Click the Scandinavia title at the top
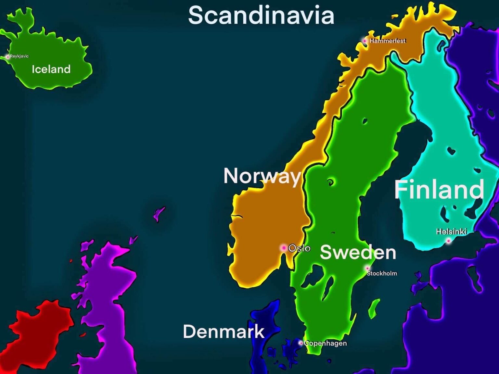pyautogui.click(x=261, y=15)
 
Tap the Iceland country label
pyautogui.click(x=51, y=69)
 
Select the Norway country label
pyautogui.click(x=262, y=176)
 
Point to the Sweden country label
pyautogui.click(x=358, y=252)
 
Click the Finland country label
pyautogui.click(x=439, y=189)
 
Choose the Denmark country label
pyautogui.click(x=224, y=331)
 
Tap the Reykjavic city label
pyautogui.click(x=19, y=56)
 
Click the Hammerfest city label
pyautogui.click(x=388, y=41)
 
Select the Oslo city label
pyautogui.click(x=299, y=248)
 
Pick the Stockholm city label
pyautogui.click(x=382, y=273)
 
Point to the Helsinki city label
pyautogui.click(x=451, y=231)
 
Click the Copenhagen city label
pyautogui.click(x=326, y=343)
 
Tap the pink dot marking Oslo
pyautogui.click(x=284, y=248)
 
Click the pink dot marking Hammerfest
pyautogui.click(x=365, y=41)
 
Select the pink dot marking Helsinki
pyautogui.click(x=449, y=241)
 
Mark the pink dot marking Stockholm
pyautogui.click(x=367, y=268)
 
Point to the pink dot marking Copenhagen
pyautogui.click(x=301, y=343)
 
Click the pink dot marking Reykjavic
pyautogui.click(x=7, y=57)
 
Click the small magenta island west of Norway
pyautogui.click(x=159, y=214)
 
